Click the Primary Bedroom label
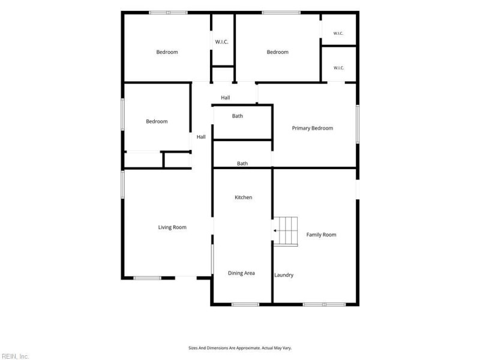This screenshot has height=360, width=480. pyautogui.click(x=312, y=128)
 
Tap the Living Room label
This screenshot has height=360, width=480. pyautogui.click(x=172, y=227)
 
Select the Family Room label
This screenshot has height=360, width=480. pyautogui.click(x=321, y=235)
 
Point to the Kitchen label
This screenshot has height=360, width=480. pyautogui.click(x=244, y=197)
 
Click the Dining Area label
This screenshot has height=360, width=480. pyautogui.click(x=241, y=273)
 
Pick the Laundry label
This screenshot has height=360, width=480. pyautogui.click(x=284, y=275)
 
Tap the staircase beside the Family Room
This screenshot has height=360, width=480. pyautogui.click(x=286, y=231)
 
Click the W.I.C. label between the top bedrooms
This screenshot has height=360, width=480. pyautogui.click(x=221, y=42)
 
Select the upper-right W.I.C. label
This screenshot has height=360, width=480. pyautogui.click(x=338, y=34)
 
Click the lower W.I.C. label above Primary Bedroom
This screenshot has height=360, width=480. pyautogui.click(x=338, y=68)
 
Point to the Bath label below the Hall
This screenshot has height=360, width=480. pyautogui.click(x=237, y=116)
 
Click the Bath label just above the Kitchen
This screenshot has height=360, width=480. pyautogui.click(x=242, y=163)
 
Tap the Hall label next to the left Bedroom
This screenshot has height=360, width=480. pyautogui.click(x=201, y=137)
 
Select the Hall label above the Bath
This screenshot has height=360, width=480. pyautogui.click(x=226, y=98)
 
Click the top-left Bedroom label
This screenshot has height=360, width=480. pyautogui.click(x=167, y=52)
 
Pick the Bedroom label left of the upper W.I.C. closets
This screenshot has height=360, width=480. pyautogui.click(x=277, y=52)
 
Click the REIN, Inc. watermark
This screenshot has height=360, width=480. pyautogui.click(x=14, y=356)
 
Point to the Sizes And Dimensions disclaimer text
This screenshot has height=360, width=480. pyautogui.click(x=240, y=348)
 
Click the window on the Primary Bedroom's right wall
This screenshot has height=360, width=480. pyautogui.click(x=358, y=124)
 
